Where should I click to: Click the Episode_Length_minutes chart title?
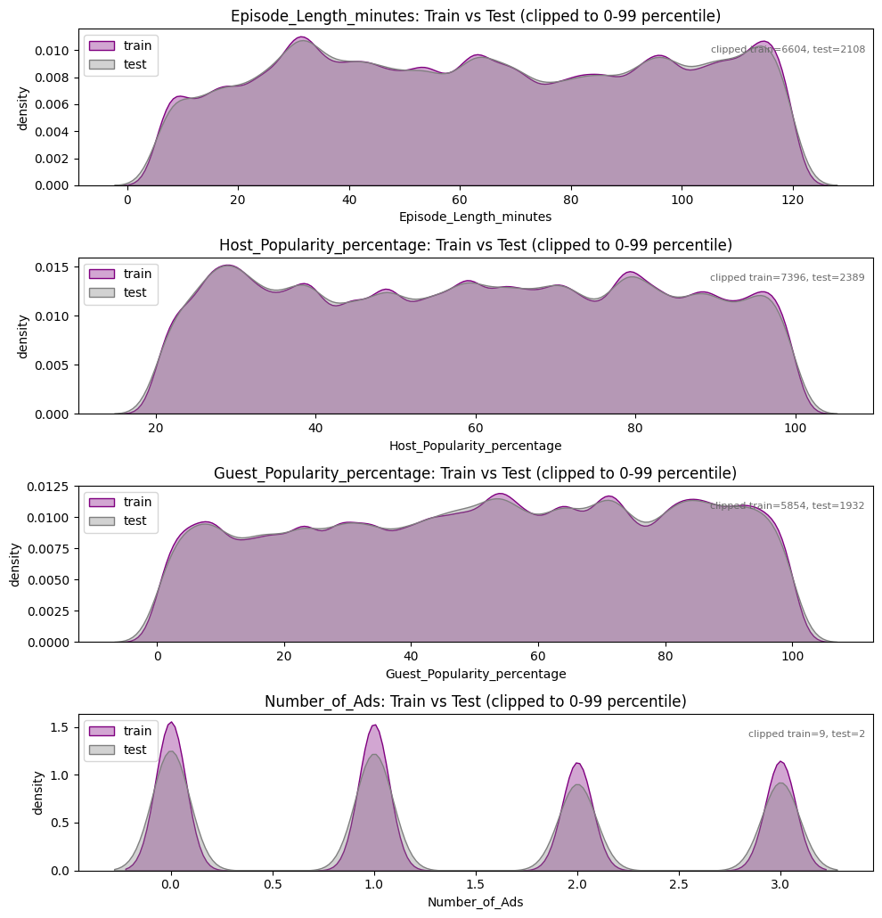pyautogui.click(x=476, y=16)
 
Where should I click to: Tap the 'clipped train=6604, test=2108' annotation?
pyautogui.click(x=788, y=50)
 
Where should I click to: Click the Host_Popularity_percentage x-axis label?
pyautogui.click(x=476, y=446)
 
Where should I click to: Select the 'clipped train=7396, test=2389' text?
pyautogui.click(x=787, y=278)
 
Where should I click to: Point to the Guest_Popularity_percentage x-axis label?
pyautogui.click(x=476, y=674)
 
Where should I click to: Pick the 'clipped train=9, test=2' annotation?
pyautogui.click(x=806, y=734)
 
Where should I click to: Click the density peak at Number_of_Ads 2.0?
pyautogui.click(x=577, y=764)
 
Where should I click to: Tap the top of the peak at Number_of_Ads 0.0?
pyautogui.click(x=171, y=723)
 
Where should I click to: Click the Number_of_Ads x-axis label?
pyautogui.click(x=476, y=902)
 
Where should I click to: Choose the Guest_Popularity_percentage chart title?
pyautogui.click(x=476, y=473)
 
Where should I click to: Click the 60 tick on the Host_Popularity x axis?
pyautogui.click(x=476, y=429)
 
